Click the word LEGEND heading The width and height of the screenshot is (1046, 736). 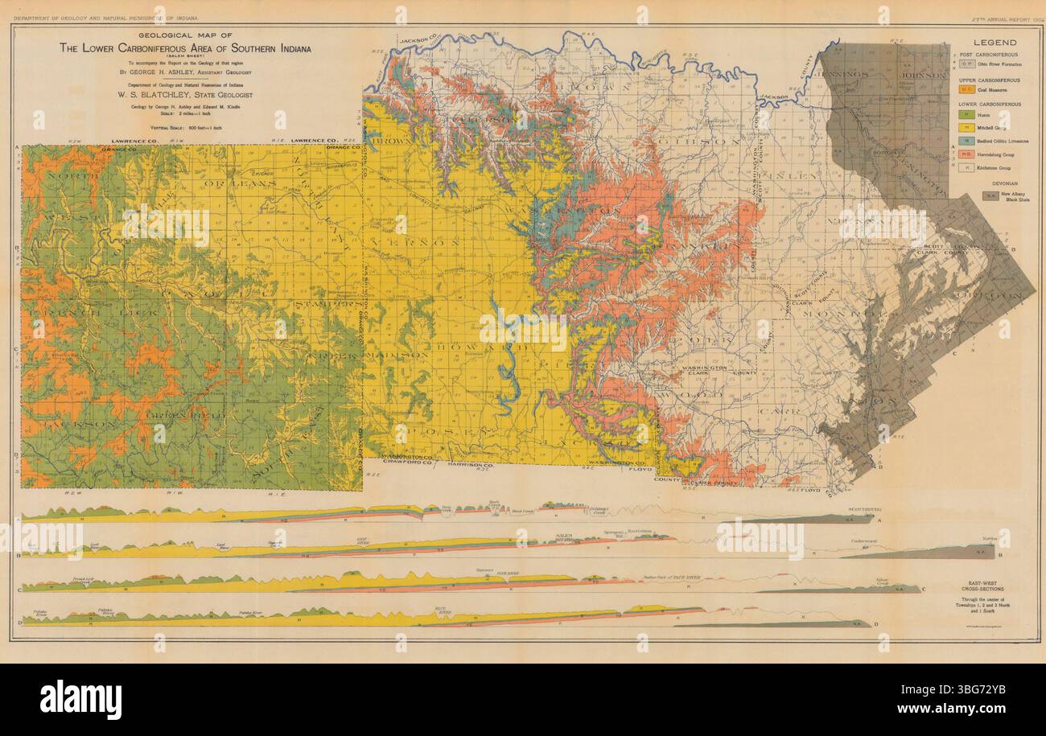pos(995,43)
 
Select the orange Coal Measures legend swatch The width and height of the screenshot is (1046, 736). pos(967,92)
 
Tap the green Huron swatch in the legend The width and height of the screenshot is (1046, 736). pos(967,115)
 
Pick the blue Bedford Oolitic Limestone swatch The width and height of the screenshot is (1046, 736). pos(967,140)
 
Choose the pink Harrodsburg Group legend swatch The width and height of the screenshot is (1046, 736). pos(967,153)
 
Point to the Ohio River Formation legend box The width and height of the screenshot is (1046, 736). pos(967,64)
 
